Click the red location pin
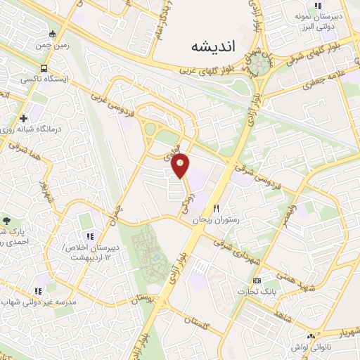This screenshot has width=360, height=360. pyautogui.click(x=181, y=166)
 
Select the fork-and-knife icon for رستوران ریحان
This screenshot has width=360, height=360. pyautogui.click(x=217, y=208)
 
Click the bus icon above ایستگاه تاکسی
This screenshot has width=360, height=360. pyautogui.click(x=44, y=69)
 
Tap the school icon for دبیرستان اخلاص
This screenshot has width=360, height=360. pyautogui.click(x=89, y=235)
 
